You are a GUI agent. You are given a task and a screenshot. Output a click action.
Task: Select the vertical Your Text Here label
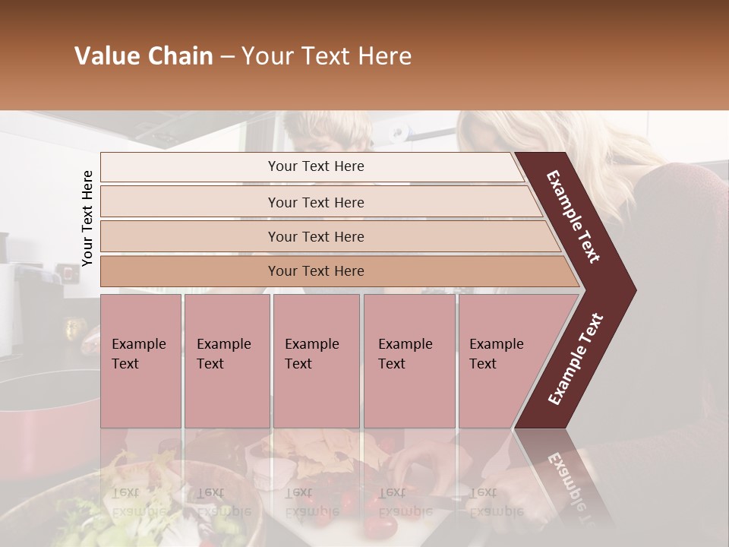(x=87, y=218)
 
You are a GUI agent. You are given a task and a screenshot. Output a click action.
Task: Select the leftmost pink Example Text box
(x=140, y=360)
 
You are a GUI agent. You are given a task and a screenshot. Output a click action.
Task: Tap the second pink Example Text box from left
(x=226, y=360)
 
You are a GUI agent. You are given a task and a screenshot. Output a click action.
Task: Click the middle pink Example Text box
(x=316, y=360)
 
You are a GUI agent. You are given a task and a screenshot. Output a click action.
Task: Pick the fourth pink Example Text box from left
(x=409, y=360)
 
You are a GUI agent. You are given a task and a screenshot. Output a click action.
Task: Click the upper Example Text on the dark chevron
(x=574, y=217)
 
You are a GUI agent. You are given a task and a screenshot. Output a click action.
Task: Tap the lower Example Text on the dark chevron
(x=576, y=359)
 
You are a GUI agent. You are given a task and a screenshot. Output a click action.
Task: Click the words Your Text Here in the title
(x=327, y=56)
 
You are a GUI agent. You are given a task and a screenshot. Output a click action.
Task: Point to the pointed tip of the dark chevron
(x=635, y=289)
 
